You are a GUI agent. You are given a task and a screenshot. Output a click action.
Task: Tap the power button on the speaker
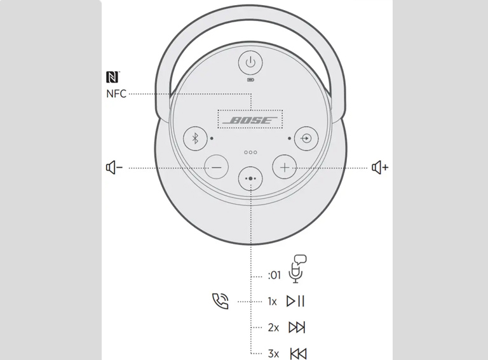[x=250, y=62]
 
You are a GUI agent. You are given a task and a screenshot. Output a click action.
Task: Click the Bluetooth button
[x=195, y=138]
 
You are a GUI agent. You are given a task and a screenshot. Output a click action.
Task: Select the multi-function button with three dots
[x=250, y=178]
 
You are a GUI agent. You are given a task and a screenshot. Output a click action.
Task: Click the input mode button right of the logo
[x=306, y=138]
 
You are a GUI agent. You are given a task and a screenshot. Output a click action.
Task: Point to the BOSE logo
[x=250, y=120]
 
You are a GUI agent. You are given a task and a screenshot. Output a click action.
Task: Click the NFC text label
[x=116, y=93]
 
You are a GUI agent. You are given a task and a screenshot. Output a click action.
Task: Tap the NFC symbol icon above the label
[x=112, y=77]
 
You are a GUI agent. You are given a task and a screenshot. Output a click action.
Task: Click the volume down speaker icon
[x=114, y=168]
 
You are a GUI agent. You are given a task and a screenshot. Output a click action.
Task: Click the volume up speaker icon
[x=380, y=168]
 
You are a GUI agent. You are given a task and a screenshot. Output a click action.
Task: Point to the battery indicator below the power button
[x=250, y=80]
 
